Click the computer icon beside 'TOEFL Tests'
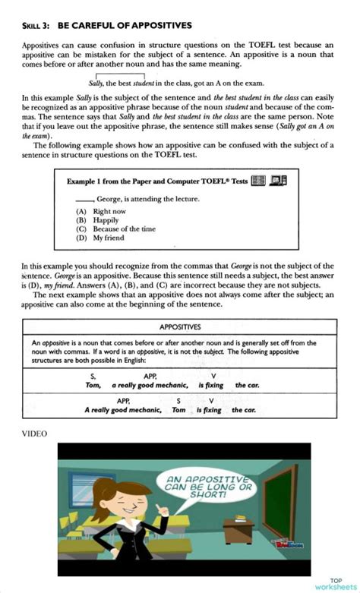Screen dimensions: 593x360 click(279, 181)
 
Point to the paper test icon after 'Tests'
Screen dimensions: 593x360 click(259, 181)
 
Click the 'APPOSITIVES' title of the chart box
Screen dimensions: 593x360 click(180, 327)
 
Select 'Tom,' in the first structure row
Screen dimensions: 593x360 click(93, 385)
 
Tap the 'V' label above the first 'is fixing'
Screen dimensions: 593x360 click(213, 376)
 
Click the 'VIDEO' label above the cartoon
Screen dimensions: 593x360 click(34, 434)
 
